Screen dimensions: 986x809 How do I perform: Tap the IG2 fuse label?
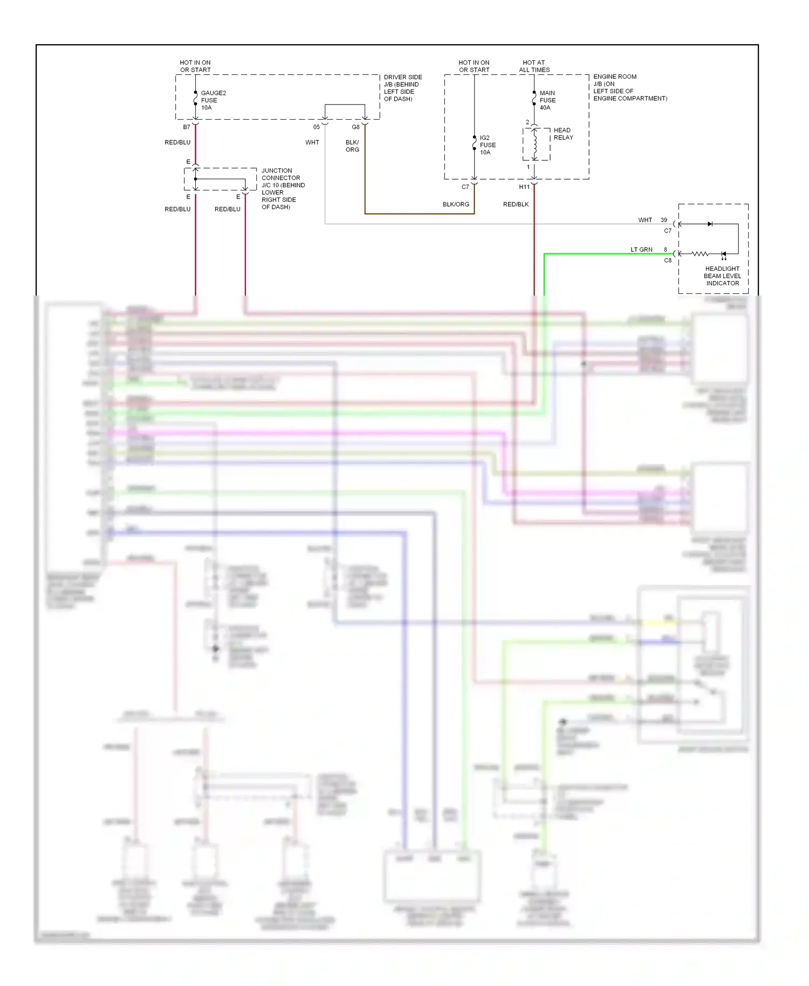pyautogui.click(x=488, y=145)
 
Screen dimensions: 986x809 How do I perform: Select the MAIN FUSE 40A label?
pyautogui.click(x=547, y=100)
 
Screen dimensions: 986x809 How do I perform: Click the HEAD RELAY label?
pyautogui.click(x=563, y=134)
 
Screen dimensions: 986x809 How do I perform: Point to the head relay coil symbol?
pyautogui.click(x=535, y=143)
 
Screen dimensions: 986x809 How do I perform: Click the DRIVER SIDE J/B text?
pyautogui.click(x=402, y=88)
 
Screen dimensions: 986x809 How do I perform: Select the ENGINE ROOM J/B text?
pyautogui.click(x=629, y=87)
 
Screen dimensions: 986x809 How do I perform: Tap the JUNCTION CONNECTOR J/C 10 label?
pyautogui.click(x=283, y=188)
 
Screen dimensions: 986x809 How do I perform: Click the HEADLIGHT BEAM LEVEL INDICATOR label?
pyautogui.click(x=722, y=276)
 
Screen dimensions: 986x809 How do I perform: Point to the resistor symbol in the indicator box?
pyautogui.click(x=700, y=254)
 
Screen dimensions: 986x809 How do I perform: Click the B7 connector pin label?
pyautogui.click(x=187, y=127)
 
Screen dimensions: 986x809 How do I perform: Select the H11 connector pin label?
pyautogui.click(x=524, y=187)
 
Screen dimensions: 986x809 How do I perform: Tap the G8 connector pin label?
pyautogui.click(x=355, y=127)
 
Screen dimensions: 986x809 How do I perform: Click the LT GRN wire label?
pyautogui.click(x=641, y=250)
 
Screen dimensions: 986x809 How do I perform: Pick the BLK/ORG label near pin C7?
pyautogui.click(x=456, y=204)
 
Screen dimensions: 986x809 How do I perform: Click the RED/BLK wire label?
pyautogui.click(x=516, y=204)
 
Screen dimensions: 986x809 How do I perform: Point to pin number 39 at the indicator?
pyautogui.click(x=664, y=220)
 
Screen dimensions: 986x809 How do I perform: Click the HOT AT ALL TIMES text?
pyautogui.click(x=534, y=66)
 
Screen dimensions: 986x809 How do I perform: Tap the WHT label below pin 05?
pyautogui.click(x=312, y=142)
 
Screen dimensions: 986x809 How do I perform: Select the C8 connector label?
pyautogui.click(x=668, y=261)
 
